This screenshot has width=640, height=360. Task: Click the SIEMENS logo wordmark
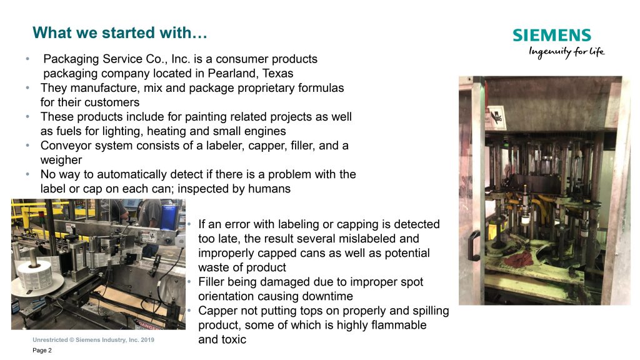552,35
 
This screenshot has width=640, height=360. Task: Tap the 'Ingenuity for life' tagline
566,52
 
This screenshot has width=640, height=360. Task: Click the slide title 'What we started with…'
120,32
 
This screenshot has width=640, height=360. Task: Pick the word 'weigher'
61,160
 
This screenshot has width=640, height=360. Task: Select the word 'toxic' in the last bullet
234,339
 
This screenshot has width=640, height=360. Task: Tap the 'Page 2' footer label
42,350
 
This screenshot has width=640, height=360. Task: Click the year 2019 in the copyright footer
147,339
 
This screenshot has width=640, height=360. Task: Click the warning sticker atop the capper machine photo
496,117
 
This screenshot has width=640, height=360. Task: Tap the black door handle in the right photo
474,246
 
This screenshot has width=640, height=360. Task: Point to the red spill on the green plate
517,259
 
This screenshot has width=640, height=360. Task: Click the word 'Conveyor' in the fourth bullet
65,146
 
